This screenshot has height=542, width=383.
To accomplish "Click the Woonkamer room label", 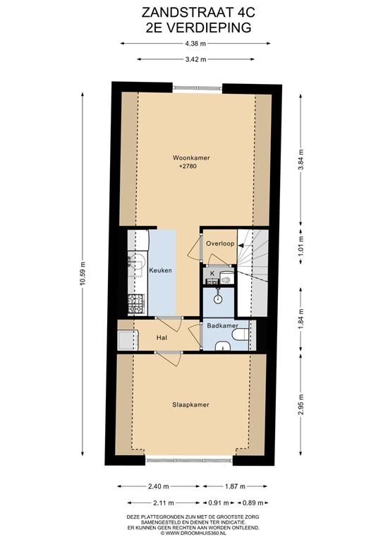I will tap(191, 158).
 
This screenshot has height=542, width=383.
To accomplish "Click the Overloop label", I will tap(219, 243).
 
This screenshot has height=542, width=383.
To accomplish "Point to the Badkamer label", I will tap(222, 325).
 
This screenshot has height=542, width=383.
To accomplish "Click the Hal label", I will tap(162, 339).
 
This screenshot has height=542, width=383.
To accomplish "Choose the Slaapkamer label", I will tap(191, 405).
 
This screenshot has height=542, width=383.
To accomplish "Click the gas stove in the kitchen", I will tap(135, 304).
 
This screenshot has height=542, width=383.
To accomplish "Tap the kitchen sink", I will tap(135, 262).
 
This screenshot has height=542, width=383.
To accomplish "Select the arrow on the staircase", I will tap(241, 245).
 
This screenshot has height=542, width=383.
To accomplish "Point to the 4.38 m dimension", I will tap(191, 43).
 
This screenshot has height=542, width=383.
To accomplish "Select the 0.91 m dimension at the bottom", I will tap(217, 502).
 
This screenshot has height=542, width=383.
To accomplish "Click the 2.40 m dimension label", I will tap(159, 486).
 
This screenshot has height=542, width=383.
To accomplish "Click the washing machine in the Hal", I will tap(126, 342).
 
